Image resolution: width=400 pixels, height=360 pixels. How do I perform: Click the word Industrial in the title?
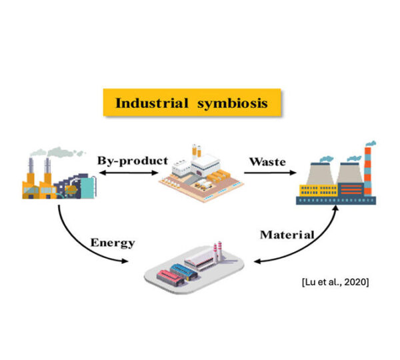point(152,103)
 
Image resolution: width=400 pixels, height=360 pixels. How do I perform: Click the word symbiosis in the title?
point(233,104)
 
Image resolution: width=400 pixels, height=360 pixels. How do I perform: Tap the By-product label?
point(133,161)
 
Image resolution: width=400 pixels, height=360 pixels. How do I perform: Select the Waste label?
point(267,162)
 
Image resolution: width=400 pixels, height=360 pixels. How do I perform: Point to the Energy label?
point(113,243)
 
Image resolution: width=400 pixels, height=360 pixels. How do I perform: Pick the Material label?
point(287,235)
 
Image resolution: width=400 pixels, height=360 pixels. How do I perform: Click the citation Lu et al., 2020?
point(335,282)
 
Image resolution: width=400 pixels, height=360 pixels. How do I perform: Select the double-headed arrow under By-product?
point(129,173)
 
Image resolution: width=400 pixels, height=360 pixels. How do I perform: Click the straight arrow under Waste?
point(270,173)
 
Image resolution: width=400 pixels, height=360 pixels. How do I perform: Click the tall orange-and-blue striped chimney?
point(367,171)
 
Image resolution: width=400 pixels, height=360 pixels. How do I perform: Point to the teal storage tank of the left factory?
point(88,187)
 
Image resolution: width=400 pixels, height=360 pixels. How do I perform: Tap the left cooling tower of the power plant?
point(320,173)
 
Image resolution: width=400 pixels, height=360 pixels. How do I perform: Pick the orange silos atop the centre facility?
point(197,151)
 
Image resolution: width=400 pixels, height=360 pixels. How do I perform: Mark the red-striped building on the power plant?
point(351,189)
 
